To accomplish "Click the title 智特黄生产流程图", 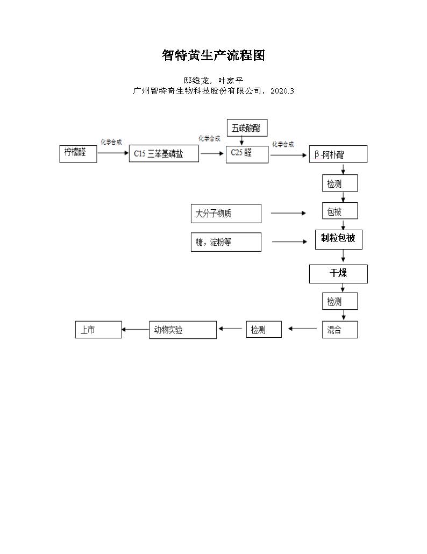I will pyautogui.click(x=213, y=55).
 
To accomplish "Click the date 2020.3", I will pyautogui.click(x=282, y=91).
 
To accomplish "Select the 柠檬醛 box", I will pyautogui.click(x=79, y=153).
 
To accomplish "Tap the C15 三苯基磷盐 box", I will pyautogui.click(x=163, y=154).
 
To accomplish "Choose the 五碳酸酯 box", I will pyautogui.click(x=247, y=127).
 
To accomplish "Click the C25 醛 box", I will pyautogui.click(x=247, y=154).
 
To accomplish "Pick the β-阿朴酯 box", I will pyautogui.click(x=338, y=154).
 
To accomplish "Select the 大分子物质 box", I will pyautogui.click(x=226, y=214).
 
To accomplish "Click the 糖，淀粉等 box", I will pyautogui.click(x=226, y=242).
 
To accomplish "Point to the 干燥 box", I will pyautogui.click(x=338, y=274).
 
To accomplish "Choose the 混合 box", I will pyautogui.click(x=339, y=330).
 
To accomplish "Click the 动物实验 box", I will pyautogui.click(x=183, y=330).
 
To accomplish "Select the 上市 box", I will pyautogui.click(x=98, y=330).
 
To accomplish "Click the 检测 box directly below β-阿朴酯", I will pyautogui.click(x=339, y=184).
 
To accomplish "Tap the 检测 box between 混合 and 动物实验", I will pyautogui.click(x=264, y=330).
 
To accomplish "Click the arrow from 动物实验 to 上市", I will pyautogui.click(x=135, y=329).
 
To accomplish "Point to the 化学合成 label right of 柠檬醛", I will pyautogui.click(x=111, y=142).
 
